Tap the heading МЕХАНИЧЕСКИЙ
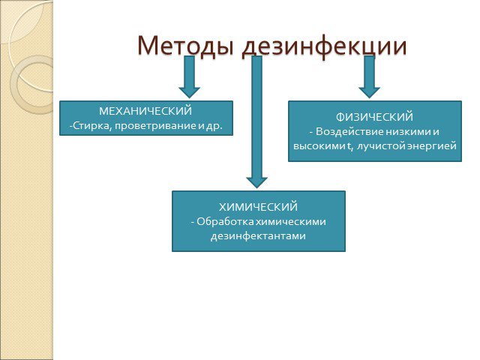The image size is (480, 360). pyautogui.click(x=145, y=111)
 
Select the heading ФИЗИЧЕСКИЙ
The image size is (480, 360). pyautogui.click(x=374, y=117)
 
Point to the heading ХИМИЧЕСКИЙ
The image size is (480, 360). pyautogui.click(x=258, y=207)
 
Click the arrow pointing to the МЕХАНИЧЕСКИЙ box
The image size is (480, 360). pyautogui.click(x=190, y=76)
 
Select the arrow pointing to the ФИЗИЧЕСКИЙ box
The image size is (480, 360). pyautogui.click(x=370, y=76)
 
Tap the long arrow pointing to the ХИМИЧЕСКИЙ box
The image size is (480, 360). pyautogui.click(x=256, y=121)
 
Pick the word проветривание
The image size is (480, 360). pyautogui.click(x=155, y=126)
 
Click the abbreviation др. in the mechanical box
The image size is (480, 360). pyautogui.click(x=214, y=126)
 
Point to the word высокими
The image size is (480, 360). pyautogui.click(x=319, y=146)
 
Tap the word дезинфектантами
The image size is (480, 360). pyautogui.click(x=258, y=236)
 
